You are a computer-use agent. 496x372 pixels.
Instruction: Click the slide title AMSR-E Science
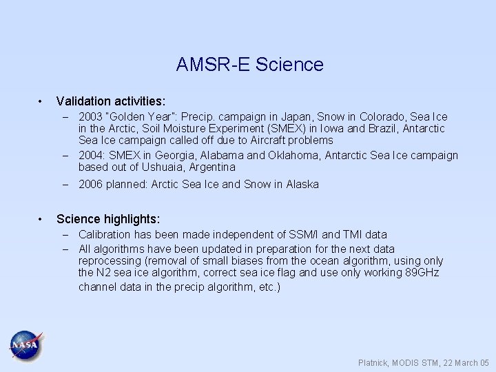[249, 65]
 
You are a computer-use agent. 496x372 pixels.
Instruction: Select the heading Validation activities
[110, 101]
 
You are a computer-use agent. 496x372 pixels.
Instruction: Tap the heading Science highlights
[108, 219]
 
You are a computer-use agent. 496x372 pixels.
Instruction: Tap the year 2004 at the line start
[91, 155]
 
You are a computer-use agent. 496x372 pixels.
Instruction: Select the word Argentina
[210, 167]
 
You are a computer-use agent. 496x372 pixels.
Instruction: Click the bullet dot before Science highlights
[43, 219]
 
